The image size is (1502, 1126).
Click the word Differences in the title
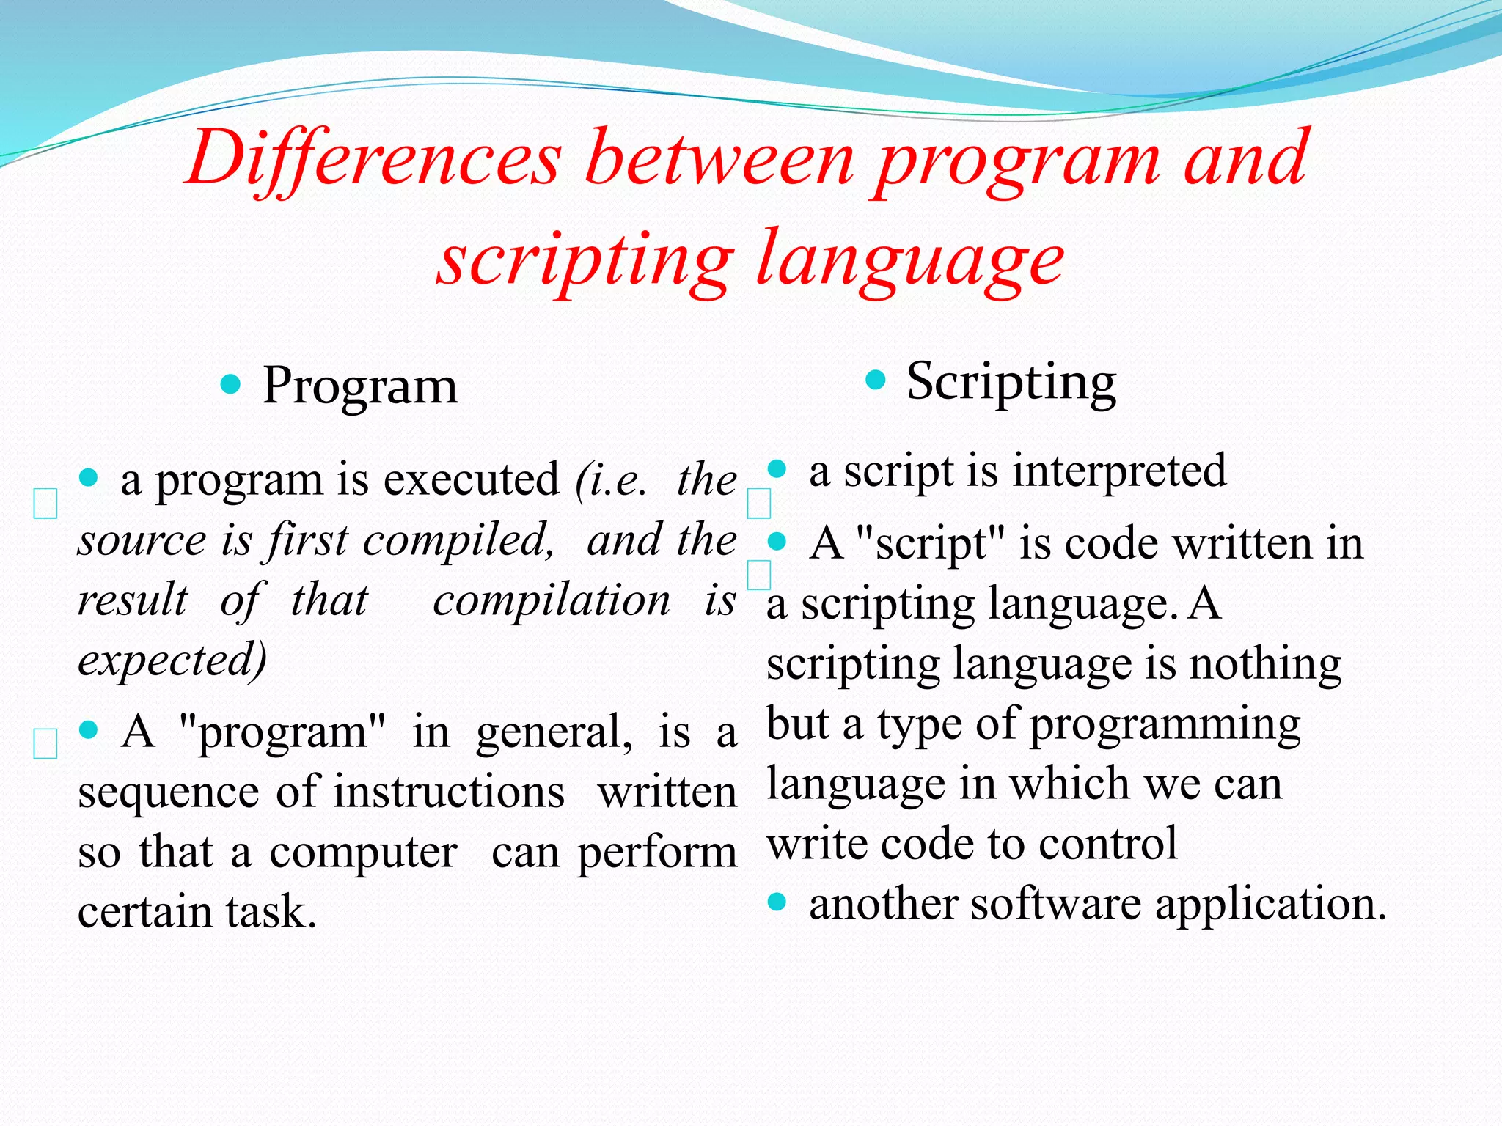pyautogui.click(x=374, y=159)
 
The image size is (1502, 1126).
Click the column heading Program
pyautogui.click(x=359, y=386)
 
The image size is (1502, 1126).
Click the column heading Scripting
pyautogui.click(x=1011, y=382)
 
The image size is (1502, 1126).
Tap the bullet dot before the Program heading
pyautogui.click(x=230, y=384)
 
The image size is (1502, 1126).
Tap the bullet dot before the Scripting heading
pyautogui.click(x=876, y=380)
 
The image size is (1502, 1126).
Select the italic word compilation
pyautogui.click(x=552, y=600)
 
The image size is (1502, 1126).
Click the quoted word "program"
pyautogui.click(x=282, y=732)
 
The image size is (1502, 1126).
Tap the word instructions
pyautogui.click(x=449, y=792)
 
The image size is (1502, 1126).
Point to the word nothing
pyautogui.click(x=1264, y=664)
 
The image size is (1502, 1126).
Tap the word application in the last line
pyautogui.click(x=1270, y=904)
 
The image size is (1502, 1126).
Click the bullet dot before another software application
pyautogui.click(x=777, y=902)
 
